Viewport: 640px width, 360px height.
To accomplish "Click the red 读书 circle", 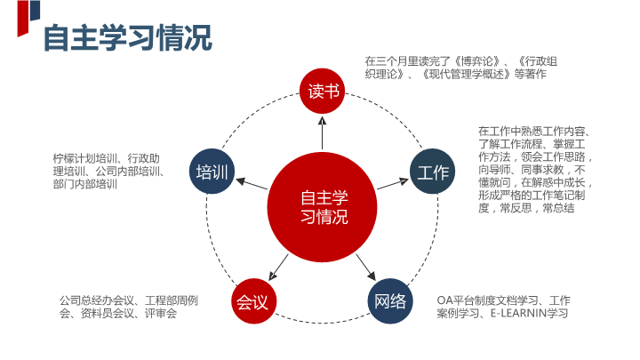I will [322, 91].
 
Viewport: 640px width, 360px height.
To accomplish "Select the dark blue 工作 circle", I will [433, 172].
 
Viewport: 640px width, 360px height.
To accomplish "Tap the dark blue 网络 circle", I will [391, 300].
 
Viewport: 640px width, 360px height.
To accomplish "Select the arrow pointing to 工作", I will [391, 184].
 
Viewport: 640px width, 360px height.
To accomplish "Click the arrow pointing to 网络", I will [364, 265].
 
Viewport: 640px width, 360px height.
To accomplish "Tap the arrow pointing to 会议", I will [279, 265].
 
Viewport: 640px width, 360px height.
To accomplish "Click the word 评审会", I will [161, 314].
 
